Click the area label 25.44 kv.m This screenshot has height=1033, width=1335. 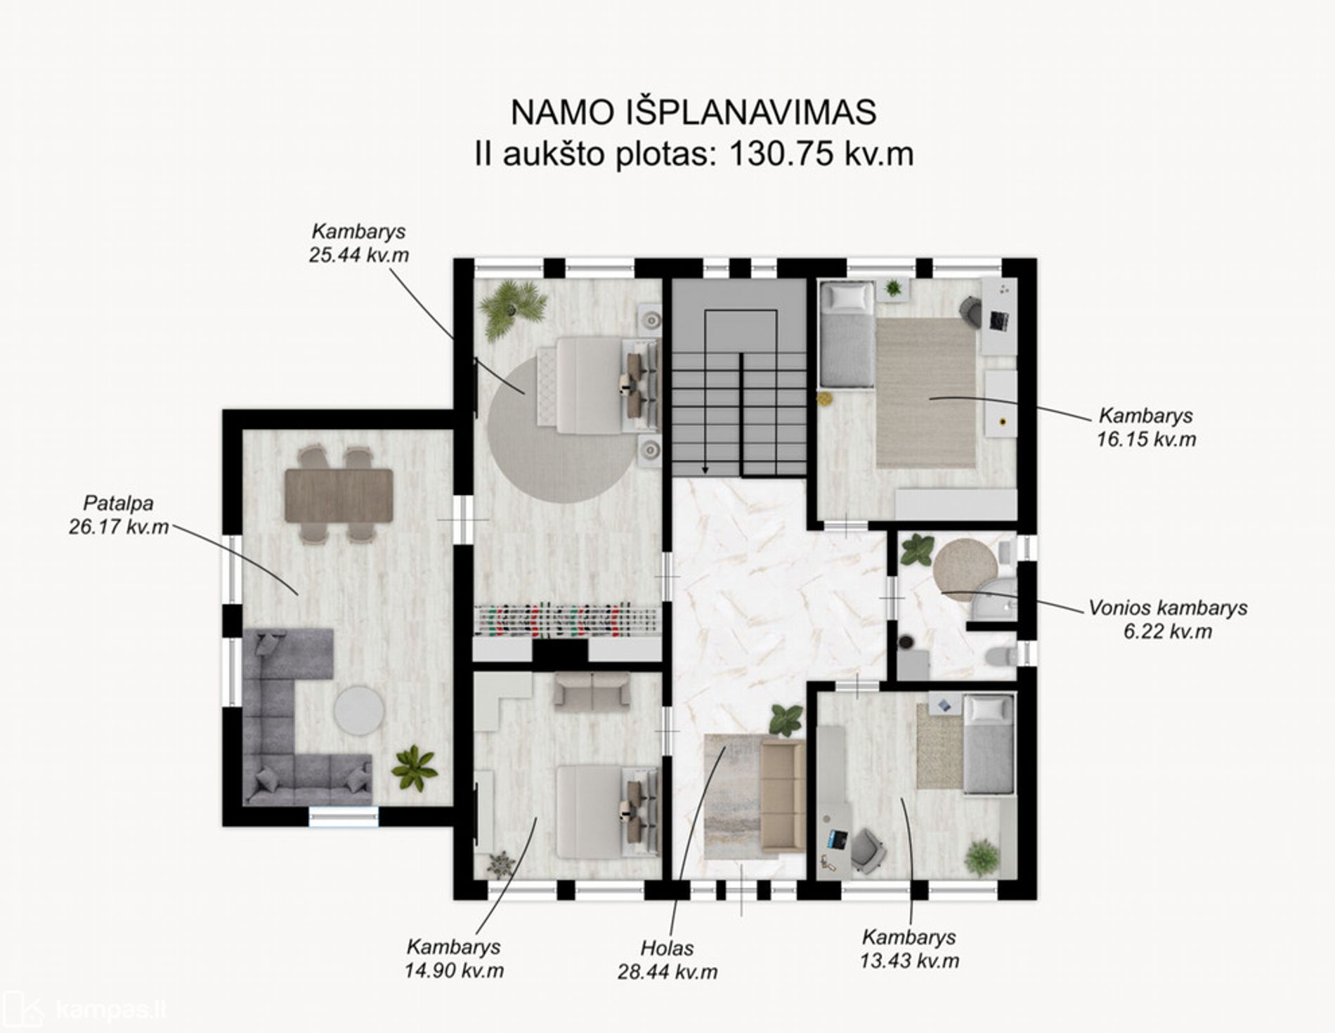click(358, 255)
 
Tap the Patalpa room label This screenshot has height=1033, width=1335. click(118, 503)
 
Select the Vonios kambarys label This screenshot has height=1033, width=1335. click(1168, 607)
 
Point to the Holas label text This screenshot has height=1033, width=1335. click(667, 948)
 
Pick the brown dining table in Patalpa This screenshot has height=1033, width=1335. click(339, 495)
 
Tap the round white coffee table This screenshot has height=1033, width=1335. click(358, 709)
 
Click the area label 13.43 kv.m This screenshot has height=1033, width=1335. click(909, 960)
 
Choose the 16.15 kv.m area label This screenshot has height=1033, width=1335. click(1146, 439)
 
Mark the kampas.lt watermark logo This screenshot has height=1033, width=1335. click(84, 1010)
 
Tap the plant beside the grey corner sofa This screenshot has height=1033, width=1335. click(415, 768)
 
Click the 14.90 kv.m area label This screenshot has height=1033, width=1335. click(454, 971)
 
